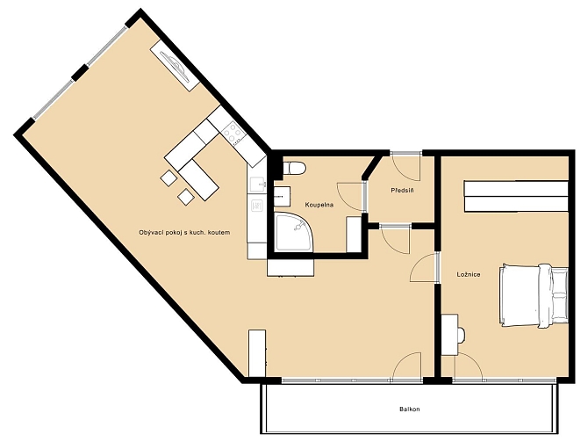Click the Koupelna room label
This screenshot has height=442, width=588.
pos(319,205)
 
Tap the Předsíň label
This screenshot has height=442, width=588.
pos(402,191)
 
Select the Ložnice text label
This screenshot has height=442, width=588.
pos(469,274)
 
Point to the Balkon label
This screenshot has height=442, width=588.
pos(410,409)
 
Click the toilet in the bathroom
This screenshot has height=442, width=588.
pos(294,168)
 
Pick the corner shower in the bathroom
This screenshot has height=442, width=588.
pos(293,232)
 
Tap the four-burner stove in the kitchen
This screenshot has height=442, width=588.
pos(233,134)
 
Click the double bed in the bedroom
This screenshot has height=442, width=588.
pos(534,294)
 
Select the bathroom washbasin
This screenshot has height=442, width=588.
pos(282,196)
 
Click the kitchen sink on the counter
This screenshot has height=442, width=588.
pos(258,184)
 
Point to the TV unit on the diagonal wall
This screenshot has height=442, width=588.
pos(176,65)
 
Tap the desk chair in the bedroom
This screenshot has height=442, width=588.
pos(461,334)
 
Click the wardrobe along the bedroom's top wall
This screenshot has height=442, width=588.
pos(516,197)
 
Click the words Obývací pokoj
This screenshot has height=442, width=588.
pos(161,233)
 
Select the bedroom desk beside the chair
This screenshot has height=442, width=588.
pos(449,335)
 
